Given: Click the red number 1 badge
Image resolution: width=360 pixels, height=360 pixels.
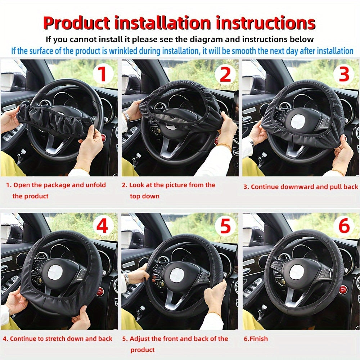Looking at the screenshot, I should (103, 74).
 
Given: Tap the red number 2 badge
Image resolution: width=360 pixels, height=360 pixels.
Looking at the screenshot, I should (225, 74).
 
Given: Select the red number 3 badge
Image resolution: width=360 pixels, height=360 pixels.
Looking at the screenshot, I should (344, 74).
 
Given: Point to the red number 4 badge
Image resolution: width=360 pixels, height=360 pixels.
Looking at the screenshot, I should (103, 227).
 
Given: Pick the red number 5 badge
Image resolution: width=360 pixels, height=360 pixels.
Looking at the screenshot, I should (225, 227).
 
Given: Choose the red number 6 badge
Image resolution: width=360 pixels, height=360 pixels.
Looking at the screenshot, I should (344, 227).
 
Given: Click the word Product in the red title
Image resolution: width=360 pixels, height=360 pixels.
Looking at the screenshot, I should (76, 23).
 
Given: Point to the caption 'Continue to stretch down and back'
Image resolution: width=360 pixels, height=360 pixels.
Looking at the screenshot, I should (58, 339).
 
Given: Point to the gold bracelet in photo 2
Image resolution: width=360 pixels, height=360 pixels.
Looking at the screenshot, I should (224, 146).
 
